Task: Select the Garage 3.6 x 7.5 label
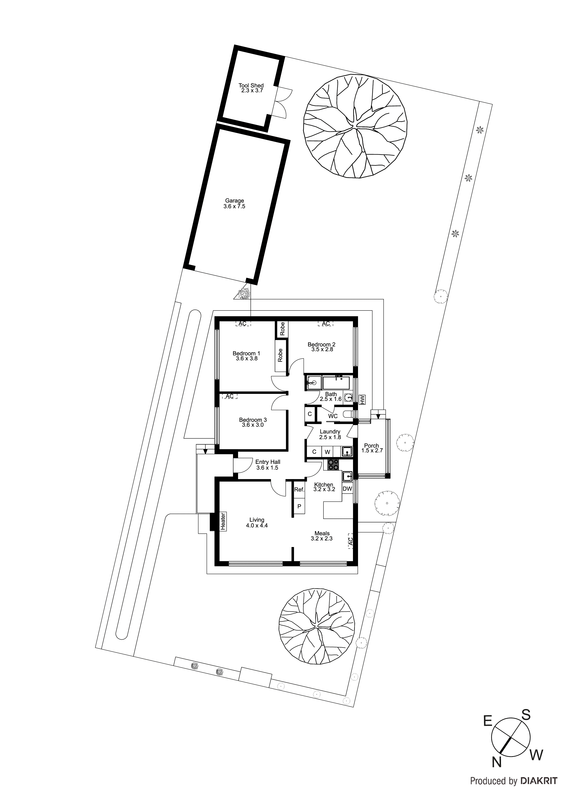234,203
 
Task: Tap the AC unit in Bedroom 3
229,396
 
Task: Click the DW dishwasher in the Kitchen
347,489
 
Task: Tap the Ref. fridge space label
299,489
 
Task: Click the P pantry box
299,506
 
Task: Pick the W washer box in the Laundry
327,452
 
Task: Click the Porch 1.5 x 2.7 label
372,448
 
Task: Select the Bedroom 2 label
322,347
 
